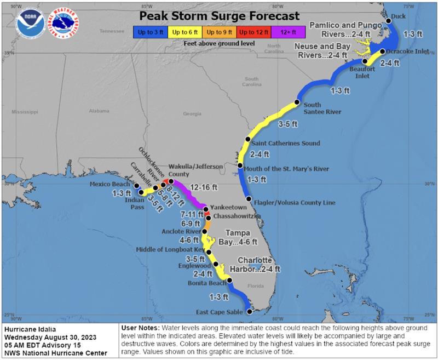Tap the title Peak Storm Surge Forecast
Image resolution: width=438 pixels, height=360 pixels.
(x=219, y=15)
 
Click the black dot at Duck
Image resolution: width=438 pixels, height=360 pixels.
(x=388, y=21)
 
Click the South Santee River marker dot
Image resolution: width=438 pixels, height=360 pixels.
(x=297, y=102)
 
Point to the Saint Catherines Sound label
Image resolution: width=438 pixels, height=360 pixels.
(x=285, y=144)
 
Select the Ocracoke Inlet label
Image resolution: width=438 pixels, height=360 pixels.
(x=408, y=52)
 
